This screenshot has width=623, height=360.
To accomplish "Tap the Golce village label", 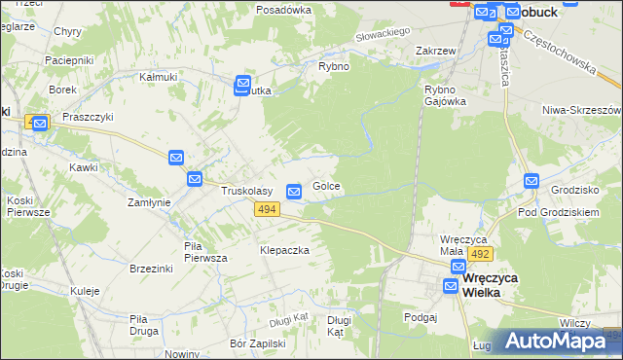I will point(326,186).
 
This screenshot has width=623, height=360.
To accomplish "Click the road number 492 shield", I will point(479,254).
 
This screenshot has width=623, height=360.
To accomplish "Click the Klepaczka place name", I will point(284,250).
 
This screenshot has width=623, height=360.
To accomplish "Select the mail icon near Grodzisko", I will point(531,180).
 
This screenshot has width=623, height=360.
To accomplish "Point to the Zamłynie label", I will point(150,202).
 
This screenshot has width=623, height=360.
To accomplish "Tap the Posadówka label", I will point(283,9).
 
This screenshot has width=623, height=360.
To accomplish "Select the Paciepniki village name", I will point(69,60).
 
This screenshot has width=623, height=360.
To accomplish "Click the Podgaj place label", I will point(421,316).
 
